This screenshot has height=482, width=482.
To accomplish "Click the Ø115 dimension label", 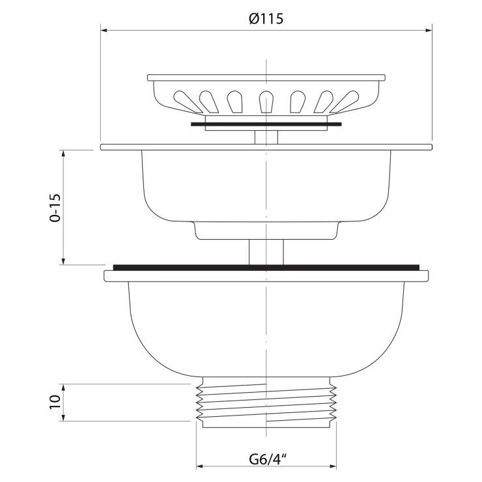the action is [x=266, y=19].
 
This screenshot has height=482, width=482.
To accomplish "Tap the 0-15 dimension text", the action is [x=55, y=208].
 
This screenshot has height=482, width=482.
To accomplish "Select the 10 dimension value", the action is [x=55, y=402].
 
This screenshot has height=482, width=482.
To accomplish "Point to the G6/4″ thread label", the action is [x=268, y=460].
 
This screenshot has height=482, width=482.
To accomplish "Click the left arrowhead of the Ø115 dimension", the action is [x=104, y=30].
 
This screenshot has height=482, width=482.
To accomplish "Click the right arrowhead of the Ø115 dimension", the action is [x=429, y=30].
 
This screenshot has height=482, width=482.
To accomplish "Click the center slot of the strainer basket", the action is [x=266, y=102].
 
